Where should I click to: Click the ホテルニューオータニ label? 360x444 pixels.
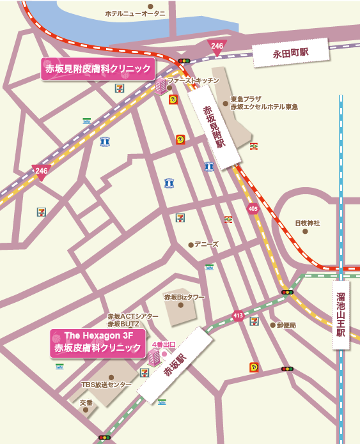pyautogui.click(x=135, y=13)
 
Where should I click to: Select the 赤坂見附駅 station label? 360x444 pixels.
pyautogui.click(x=214, y=126)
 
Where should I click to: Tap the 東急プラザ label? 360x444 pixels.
pyautogui.click(x=246, y=99)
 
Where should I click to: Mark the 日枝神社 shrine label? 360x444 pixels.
pyautogui.click(x=307, y=223)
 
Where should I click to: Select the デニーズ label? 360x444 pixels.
pyautogui.click(x=207, y=244)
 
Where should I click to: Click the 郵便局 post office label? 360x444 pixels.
pyautogui.click(x=286, y=325)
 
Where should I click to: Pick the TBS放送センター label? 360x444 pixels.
pyautogui.click(x=106, y=385)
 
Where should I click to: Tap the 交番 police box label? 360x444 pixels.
pyautogui.click(x=86, y=403)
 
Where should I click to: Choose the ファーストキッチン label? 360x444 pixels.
pyautogui.click(x=192, y=80)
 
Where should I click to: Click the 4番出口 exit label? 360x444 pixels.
pyautogui.click(x=163, y=344)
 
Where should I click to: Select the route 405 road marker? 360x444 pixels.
pyautogui.click(x=253, y=208)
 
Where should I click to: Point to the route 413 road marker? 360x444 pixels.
pyautogui.click(x=239, y=315)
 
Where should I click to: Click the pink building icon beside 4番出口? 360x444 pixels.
pyautogui.click(x=154, y=357)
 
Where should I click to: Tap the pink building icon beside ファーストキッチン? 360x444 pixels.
pyautogui.click(x=160, y=86)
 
